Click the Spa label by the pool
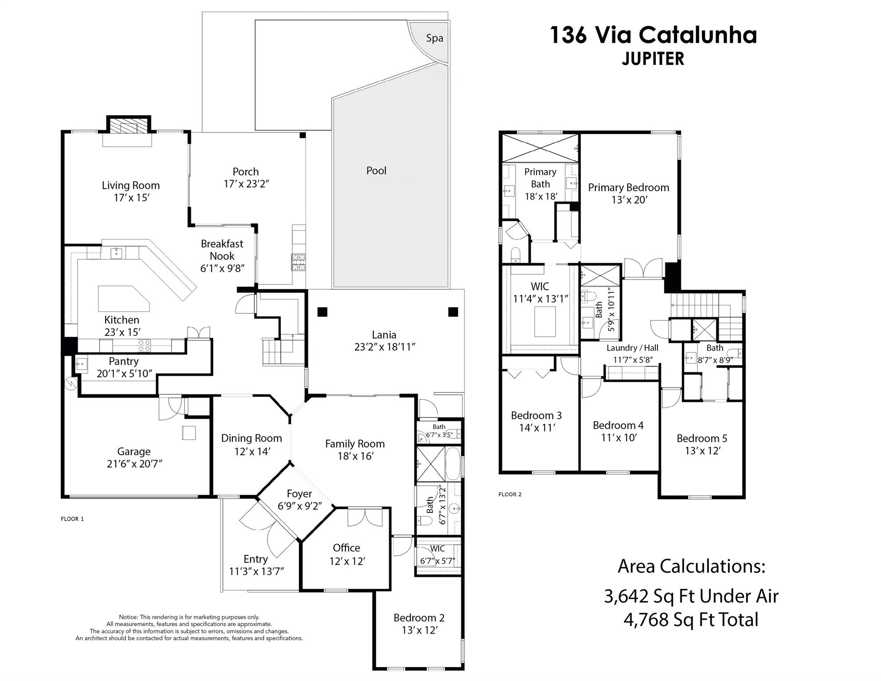(x=434, y=38)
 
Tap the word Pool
(x=376, y=171)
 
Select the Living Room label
(x=130, y=185)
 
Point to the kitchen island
(x=123, y=298)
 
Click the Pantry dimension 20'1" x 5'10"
(x=124, y=374)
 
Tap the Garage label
(x=134, y=452)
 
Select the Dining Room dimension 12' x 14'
(x=252, y=451)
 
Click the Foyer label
(x=299, y=494)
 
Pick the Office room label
(x=346, y=548)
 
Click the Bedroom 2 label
(x=419, y=618)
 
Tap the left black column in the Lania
(x=322, y=312)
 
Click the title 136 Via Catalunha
(x=653, y=35)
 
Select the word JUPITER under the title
(x=653, y=59)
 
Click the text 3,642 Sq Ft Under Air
(x=691, y=596)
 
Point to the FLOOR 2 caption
(x=510, y=494)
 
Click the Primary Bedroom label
(x=628, y=188)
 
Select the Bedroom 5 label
(x=702, y=438)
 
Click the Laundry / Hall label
(x=632, y=348)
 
